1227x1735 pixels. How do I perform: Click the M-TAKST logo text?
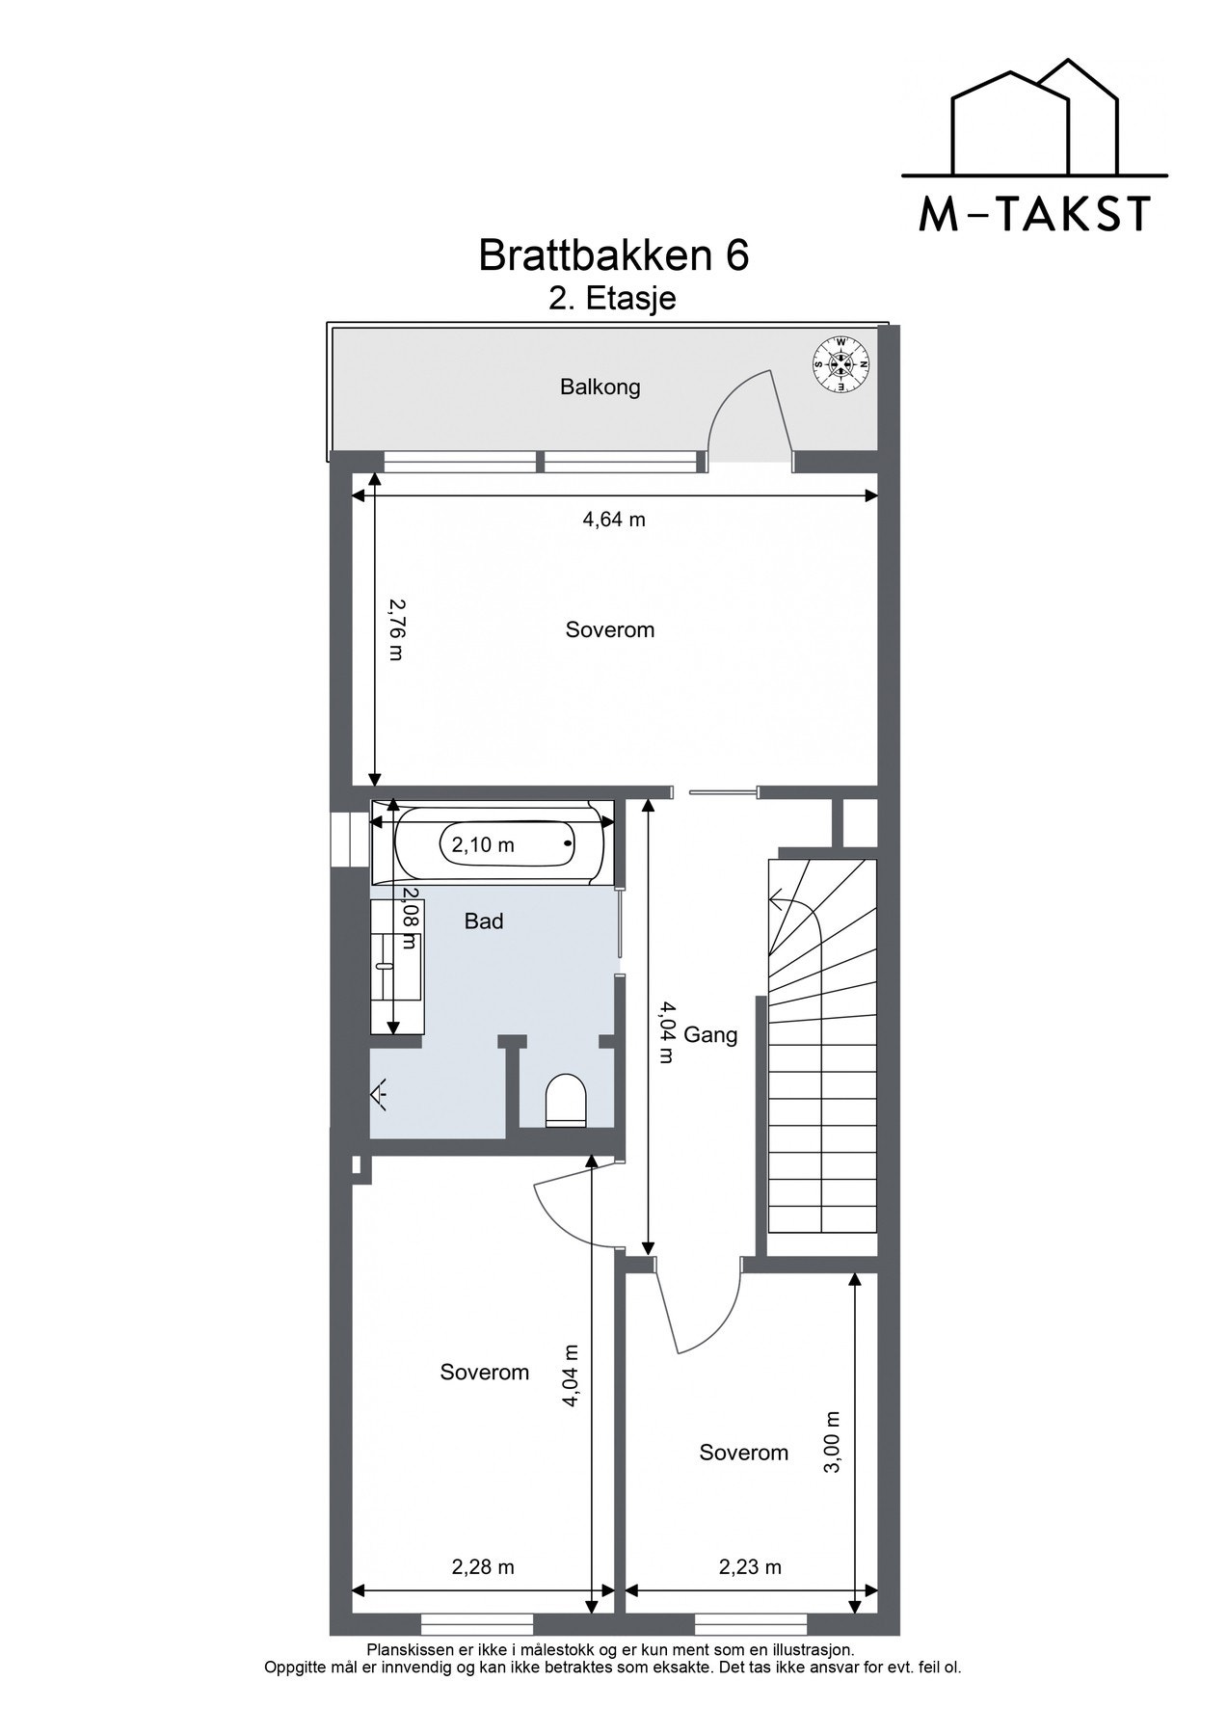coord(1034,213)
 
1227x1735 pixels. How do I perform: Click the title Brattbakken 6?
coord(613,256)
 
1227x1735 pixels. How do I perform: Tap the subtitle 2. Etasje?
coord(612,299)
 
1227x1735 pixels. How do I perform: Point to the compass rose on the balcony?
coord(842,364)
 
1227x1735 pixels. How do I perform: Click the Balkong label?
coord(600,387)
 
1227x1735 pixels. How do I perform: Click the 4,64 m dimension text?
coord(614,520)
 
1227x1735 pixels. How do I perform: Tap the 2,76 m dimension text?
coord(395,629)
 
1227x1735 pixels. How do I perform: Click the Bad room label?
coord(484,921)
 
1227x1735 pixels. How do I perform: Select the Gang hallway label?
coord(710,1035)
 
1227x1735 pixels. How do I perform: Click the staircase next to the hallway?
coord(822,1046)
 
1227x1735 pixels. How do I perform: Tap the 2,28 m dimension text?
coord(483,1567)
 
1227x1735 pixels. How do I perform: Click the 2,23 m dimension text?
coord(750,1567)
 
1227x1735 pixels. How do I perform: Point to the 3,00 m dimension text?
coord(834,1442)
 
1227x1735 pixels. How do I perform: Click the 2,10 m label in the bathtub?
coord(483,845)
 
